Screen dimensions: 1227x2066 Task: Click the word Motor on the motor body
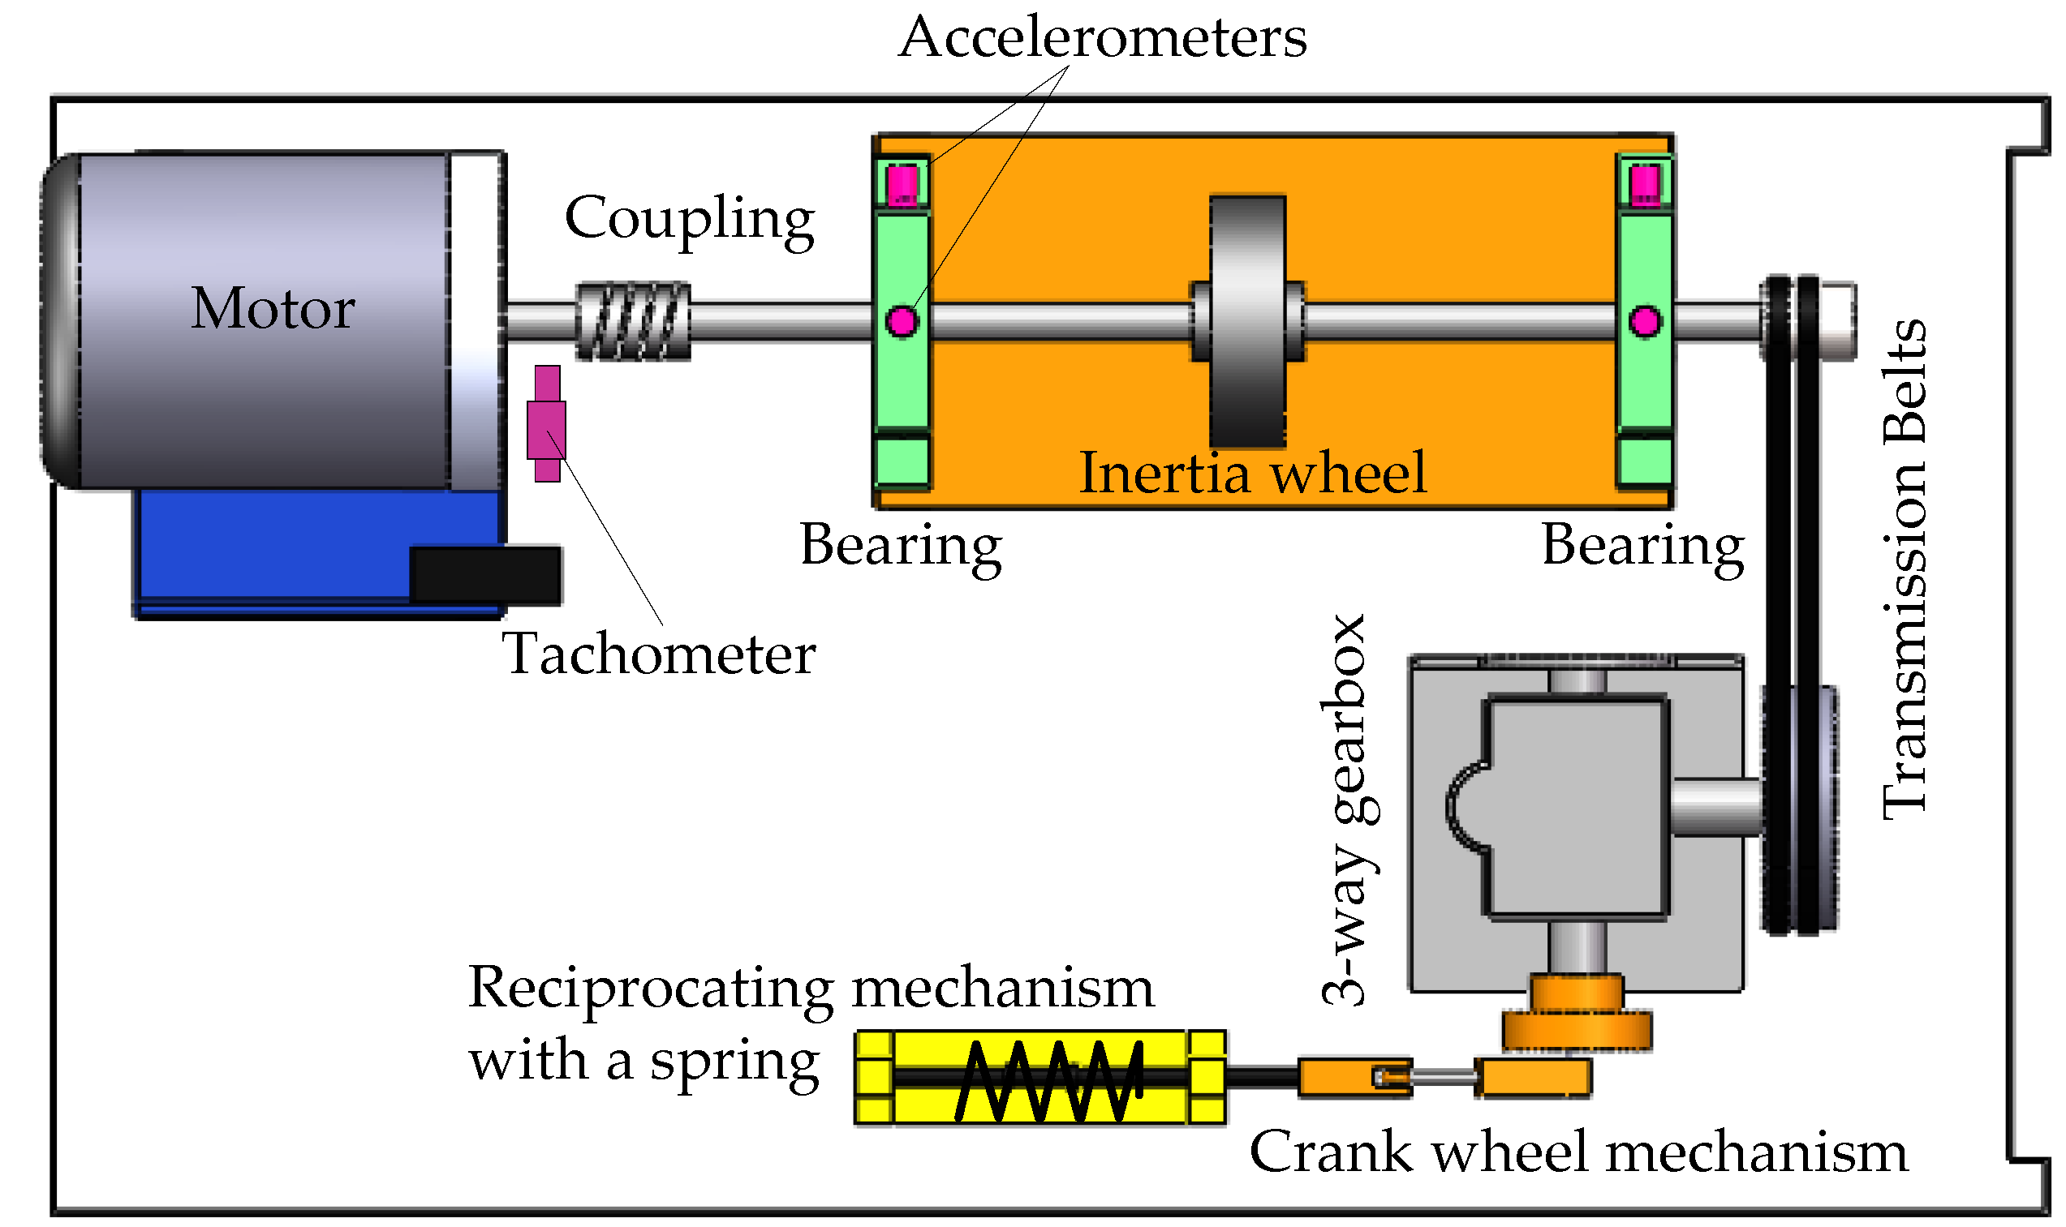[x=273, y=308]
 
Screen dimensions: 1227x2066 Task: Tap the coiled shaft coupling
[x=633, y=322]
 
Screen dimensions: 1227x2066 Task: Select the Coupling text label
[x=690, y=219]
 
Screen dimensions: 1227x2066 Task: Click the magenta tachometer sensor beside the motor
[x=547, y=424]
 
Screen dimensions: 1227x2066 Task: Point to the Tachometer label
[x=658, y=654]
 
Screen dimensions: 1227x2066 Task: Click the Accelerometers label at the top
[x=1103, y=38]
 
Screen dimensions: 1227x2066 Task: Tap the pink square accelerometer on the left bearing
[x=902, y=183]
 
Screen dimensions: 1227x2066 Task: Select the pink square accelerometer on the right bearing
[x=1644, y=183]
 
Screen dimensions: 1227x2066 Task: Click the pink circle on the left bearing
[x=902, y=321]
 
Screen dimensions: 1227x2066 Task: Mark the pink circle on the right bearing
[x=1644, y=321]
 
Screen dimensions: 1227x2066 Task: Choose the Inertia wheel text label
[x=1253, y=474]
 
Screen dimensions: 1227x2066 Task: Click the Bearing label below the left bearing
[x=901, y=547]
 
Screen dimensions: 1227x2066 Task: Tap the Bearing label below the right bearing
[x=1642, y=547]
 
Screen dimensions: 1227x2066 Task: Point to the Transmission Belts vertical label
[x=1905, y=570]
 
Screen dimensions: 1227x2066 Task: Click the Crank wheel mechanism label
[x=1578, y=1152]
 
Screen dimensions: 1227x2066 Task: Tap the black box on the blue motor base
[x=485, y=576]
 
